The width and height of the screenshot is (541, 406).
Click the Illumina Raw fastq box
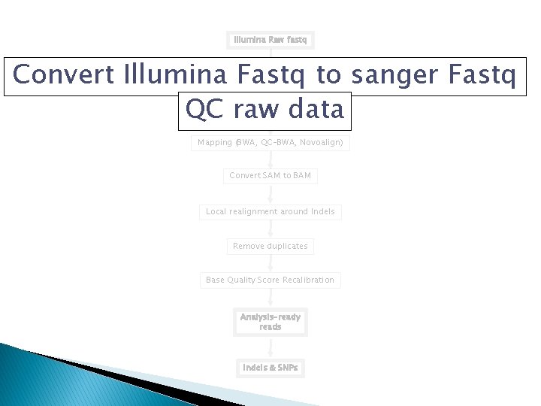coord(270,39)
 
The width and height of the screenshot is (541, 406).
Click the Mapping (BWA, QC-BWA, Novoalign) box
coord(270,142)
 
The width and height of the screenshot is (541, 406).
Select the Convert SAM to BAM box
coord(270,176)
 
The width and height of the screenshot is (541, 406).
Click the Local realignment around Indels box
coord(270,212)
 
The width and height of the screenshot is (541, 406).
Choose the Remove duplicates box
coord(270,246)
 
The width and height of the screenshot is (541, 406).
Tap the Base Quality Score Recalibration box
coord(270,280)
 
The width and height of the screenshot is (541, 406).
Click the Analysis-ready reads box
coord(270,322)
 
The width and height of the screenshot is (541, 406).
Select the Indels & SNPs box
coord(270,368)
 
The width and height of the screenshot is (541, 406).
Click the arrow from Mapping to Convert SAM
coord(270,159)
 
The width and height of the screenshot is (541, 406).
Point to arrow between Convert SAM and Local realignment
coord(270,194)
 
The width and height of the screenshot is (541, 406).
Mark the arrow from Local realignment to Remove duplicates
coord(270,229)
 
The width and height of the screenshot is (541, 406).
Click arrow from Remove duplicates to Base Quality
coord(270,263)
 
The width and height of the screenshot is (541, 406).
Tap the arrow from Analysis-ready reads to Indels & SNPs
coord(270,347)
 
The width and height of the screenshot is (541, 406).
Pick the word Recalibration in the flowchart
coord(309,280)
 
